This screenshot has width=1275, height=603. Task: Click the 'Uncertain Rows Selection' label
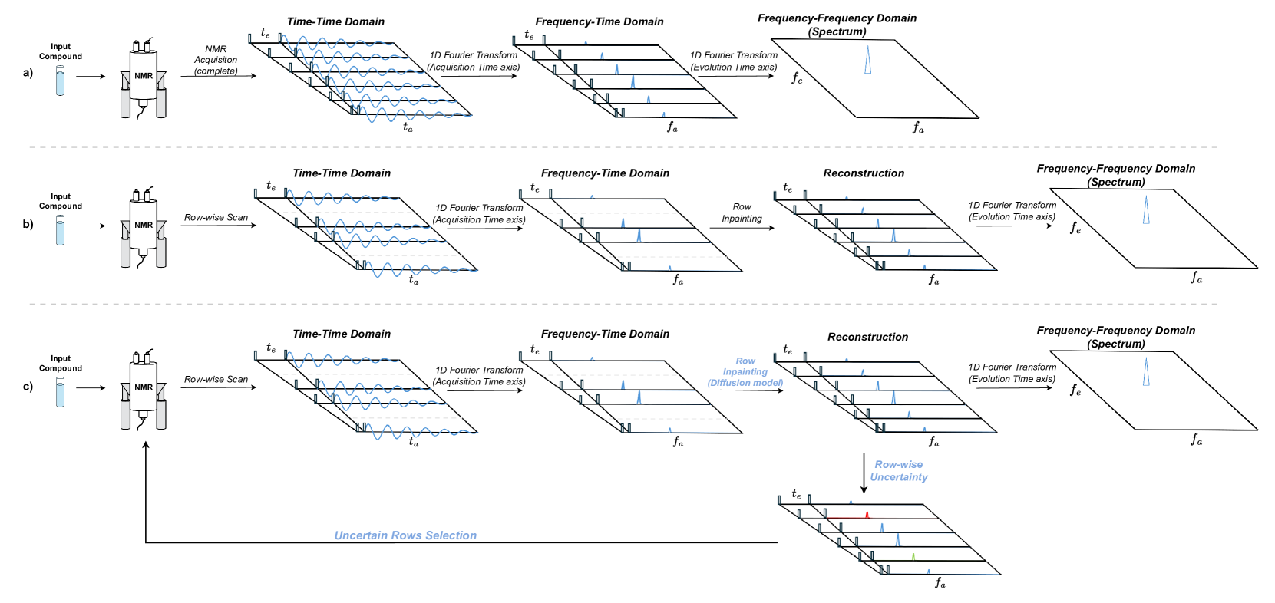click(x=405, y=535)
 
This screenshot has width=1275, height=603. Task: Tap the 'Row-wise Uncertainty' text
click(x=899, y=471)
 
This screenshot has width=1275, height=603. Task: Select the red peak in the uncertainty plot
click(x=867, y=515)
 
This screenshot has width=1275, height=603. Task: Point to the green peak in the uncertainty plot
click(x=913, y=556)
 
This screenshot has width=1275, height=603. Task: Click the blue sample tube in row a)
click(x=61, y=81)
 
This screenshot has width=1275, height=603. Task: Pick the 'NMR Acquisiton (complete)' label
click(x=216, y=60)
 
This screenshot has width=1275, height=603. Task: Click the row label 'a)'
click(x=28, y=73)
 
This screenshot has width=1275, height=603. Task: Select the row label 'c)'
click(x=28, y=386)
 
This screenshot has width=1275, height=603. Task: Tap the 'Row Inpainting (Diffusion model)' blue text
click(x=745, y=372)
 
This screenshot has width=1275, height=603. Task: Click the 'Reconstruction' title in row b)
click(x=864, y=173)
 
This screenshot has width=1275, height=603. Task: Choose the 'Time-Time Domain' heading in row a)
click(x=335, y=21)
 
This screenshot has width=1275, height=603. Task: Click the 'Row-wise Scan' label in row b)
click(x=216, y=218)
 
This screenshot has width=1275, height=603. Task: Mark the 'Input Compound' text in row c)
click(x=61, y=363)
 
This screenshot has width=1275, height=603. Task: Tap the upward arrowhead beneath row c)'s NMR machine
click(x=146, y=445)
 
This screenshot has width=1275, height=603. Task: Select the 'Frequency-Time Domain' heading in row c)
click(x=605, y=334)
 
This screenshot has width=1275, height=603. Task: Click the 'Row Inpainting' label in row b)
click(x=742, y=213)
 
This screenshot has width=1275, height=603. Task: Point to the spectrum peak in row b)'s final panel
click(x=1146, y=209)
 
